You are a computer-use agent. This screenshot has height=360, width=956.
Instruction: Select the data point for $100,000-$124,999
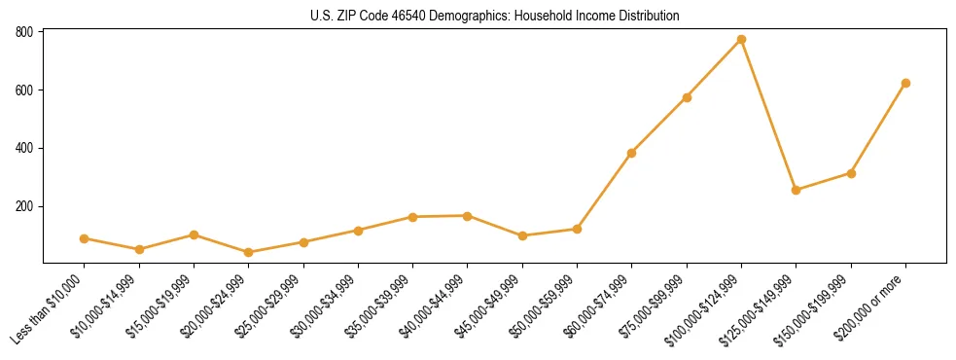[741, 40]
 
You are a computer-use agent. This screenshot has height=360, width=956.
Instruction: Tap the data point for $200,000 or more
[905, 84]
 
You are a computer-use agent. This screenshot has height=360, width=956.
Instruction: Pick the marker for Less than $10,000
[85, 238]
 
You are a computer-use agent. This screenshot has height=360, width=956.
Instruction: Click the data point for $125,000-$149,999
[797, 190]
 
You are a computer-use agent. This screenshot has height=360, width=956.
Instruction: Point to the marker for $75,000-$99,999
[687, 97]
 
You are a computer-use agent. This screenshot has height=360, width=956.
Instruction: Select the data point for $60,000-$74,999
[632, 153]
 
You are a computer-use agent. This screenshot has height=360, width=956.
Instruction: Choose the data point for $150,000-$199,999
[851, 173]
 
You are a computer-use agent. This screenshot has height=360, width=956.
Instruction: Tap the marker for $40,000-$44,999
[468, 216]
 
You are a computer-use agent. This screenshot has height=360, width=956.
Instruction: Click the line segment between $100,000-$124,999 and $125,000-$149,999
[768, 115]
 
